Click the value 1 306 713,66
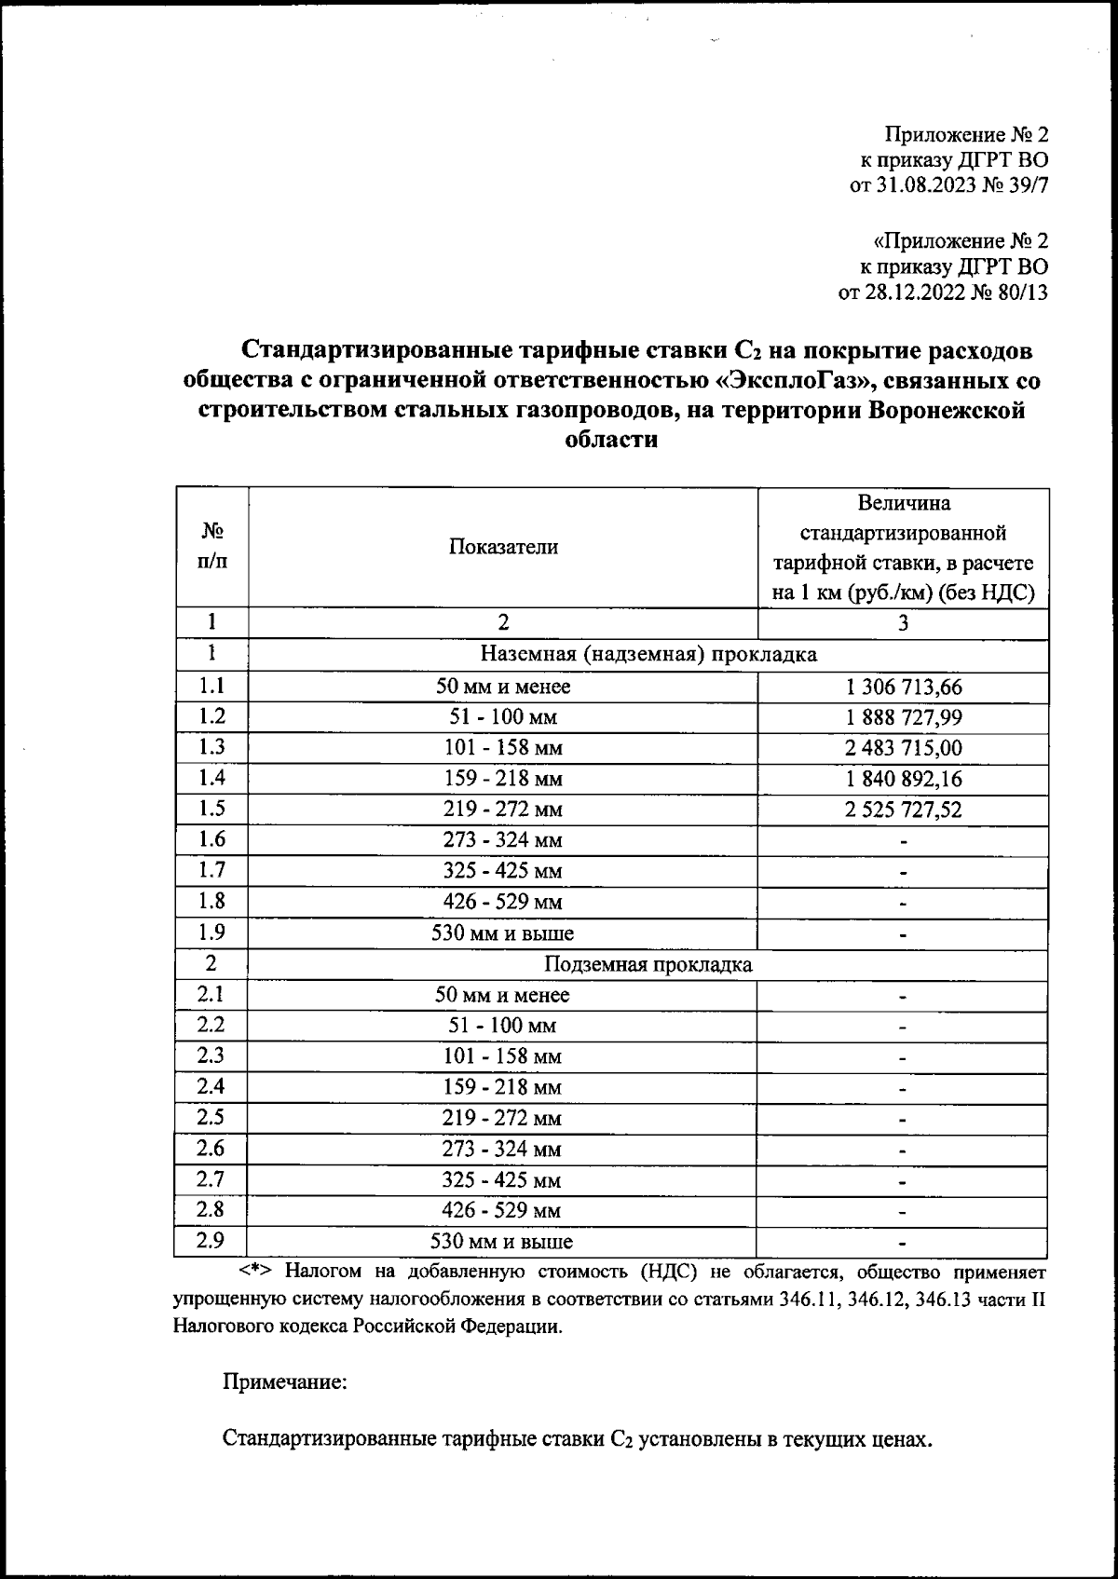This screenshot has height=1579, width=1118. pyautogui.click(x=904, y=687)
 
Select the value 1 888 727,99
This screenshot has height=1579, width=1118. pyautogui.click(x=904, y=717)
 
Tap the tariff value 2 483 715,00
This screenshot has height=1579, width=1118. pyautogui.click(x=904, y=748)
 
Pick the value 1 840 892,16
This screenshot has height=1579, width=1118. pyautogui.click(x=904, y=779)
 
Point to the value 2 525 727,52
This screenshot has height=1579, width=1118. pyautogui.click(x=904, y=810)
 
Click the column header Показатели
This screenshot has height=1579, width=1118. pyautogui.click(x=503, y=548)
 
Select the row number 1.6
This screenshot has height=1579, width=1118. pyautogui.click(x=211, y=839)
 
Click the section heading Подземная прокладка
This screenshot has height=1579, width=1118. pyautogui.click(x=648, y=964)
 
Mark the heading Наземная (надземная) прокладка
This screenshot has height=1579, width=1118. pyautogui.click(x=648, y=654)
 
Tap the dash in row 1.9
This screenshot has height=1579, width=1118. pyautogui.click(x=904, y=933)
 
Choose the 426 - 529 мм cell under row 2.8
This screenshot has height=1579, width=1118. pyautogui.click(x=502, y=1211)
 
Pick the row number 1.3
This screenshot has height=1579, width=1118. pyautogui.click(x=211, y=747)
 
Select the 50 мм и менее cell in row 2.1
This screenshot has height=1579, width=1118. pyautogui.click(x=502, y=995)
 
